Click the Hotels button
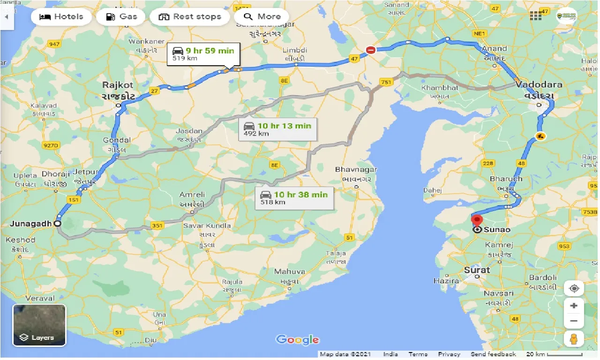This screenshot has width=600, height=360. click(61, 17)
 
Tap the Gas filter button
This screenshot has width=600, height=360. click(122, 17)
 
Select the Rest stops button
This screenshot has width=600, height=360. click(189, 17)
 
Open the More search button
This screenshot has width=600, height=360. click(262, 17)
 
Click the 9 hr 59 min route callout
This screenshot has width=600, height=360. click(203, 53)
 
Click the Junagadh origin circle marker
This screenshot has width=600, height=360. click(57, 224)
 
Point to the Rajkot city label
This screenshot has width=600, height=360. click(118, 85)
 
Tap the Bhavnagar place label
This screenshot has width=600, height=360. click(356, 169)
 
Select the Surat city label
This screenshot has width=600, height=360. click(477, 270)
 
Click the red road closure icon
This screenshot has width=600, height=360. click(371, 50)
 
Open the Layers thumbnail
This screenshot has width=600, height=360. click(39, 325)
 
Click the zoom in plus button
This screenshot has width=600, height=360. click(574, 306)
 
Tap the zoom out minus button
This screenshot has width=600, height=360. click(574, 321)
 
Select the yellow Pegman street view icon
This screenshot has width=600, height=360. click(574, 338)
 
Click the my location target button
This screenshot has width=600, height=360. click(574, 288)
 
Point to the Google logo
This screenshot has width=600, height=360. click(297, 340)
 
